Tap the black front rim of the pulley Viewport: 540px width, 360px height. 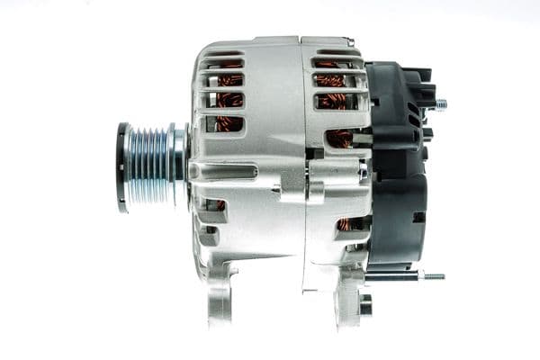pos(121,167)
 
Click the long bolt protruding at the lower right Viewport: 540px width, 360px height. pos(430,275)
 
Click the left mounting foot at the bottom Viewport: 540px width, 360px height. pos(220,297)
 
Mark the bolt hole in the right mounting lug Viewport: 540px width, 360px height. pos(364,305)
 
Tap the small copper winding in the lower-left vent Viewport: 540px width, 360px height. pos(220,205)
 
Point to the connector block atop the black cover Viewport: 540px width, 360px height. pos(414,85)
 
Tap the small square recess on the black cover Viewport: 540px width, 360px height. pos(418,217)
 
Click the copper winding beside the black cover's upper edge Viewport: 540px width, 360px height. pos(340,137)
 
